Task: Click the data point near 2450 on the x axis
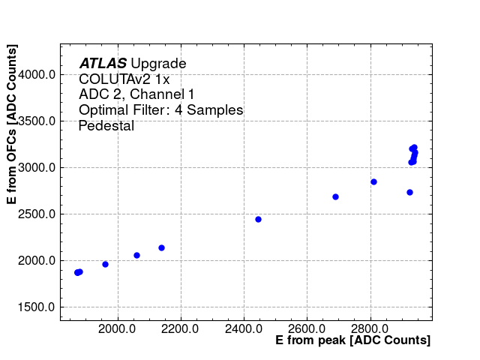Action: [258, 219]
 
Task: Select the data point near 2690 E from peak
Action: [335, 196]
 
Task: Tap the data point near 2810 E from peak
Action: [373, 181]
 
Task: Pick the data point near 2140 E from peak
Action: [161, 247]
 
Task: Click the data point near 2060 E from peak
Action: [136, 255]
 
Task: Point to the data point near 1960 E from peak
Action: [105, 264]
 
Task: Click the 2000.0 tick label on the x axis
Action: [116, 328]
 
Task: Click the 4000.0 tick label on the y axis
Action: [37, 74]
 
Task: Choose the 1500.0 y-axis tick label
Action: [37, 307]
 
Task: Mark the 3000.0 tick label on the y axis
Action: [37, 168]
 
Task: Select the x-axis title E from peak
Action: [352, 340]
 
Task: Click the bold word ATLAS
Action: [103, 64]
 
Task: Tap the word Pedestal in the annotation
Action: [106, 126]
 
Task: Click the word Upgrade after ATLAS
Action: [158, 64]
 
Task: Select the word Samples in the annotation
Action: [214, 110]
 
